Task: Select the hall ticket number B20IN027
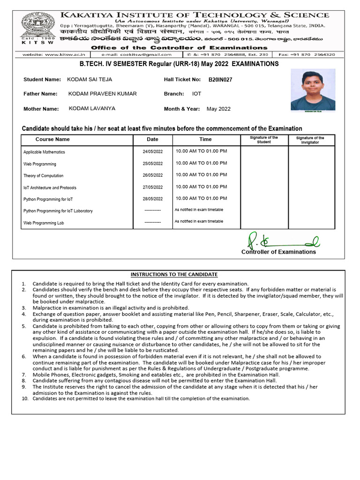click(220, 80)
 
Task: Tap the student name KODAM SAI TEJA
click(90, 80)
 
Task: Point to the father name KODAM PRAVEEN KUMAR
click(103, 94)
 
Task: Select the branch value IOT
click(196, 94)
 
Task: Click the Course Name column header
click(52, 139)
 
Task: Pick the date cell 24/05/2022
click(153, 152)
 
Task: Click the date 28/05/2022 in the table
click(153, 199)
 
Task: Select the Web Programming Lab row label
click(43, 223)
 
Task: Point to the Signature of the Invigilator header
click(310, 140)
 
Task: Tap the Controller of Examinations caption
click(278, 252)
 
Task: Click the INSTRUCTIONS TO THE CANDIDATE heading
click(174, 274)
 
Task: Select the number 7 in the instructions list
click(24, 375)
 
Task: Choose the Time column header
click(205, 139)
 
